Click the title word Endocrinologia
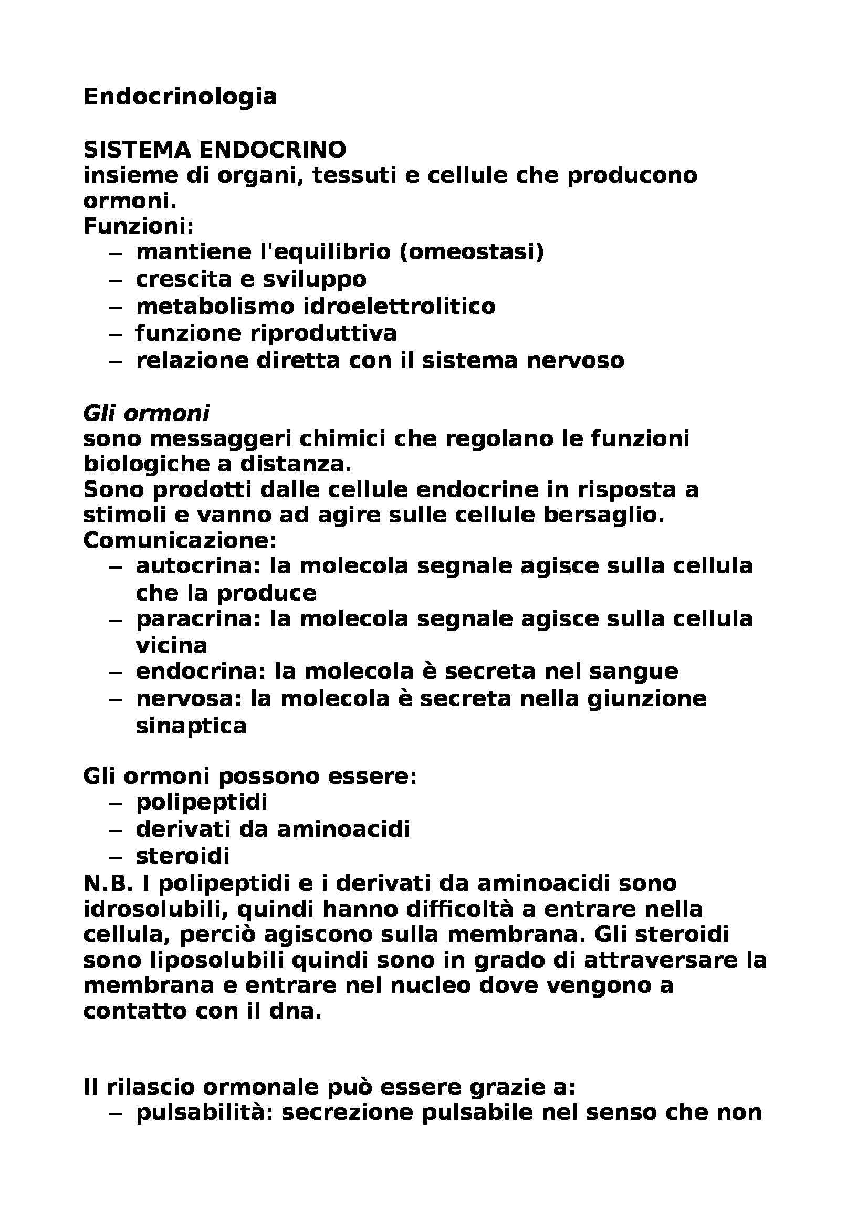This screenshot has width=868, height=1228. (x=180, y=97)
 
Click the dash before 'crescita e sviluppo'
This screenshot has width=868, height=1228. (x=116, y=280)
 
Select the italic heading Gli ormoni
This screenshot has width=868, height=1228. (x=147, y=413)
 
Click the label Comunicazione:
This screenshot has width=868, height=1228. (x=180, y=540)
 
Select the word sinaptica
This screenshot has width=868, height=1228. (x=191, y=726)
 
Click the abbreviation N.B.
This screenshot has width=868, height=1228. (x=108, y=883)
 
